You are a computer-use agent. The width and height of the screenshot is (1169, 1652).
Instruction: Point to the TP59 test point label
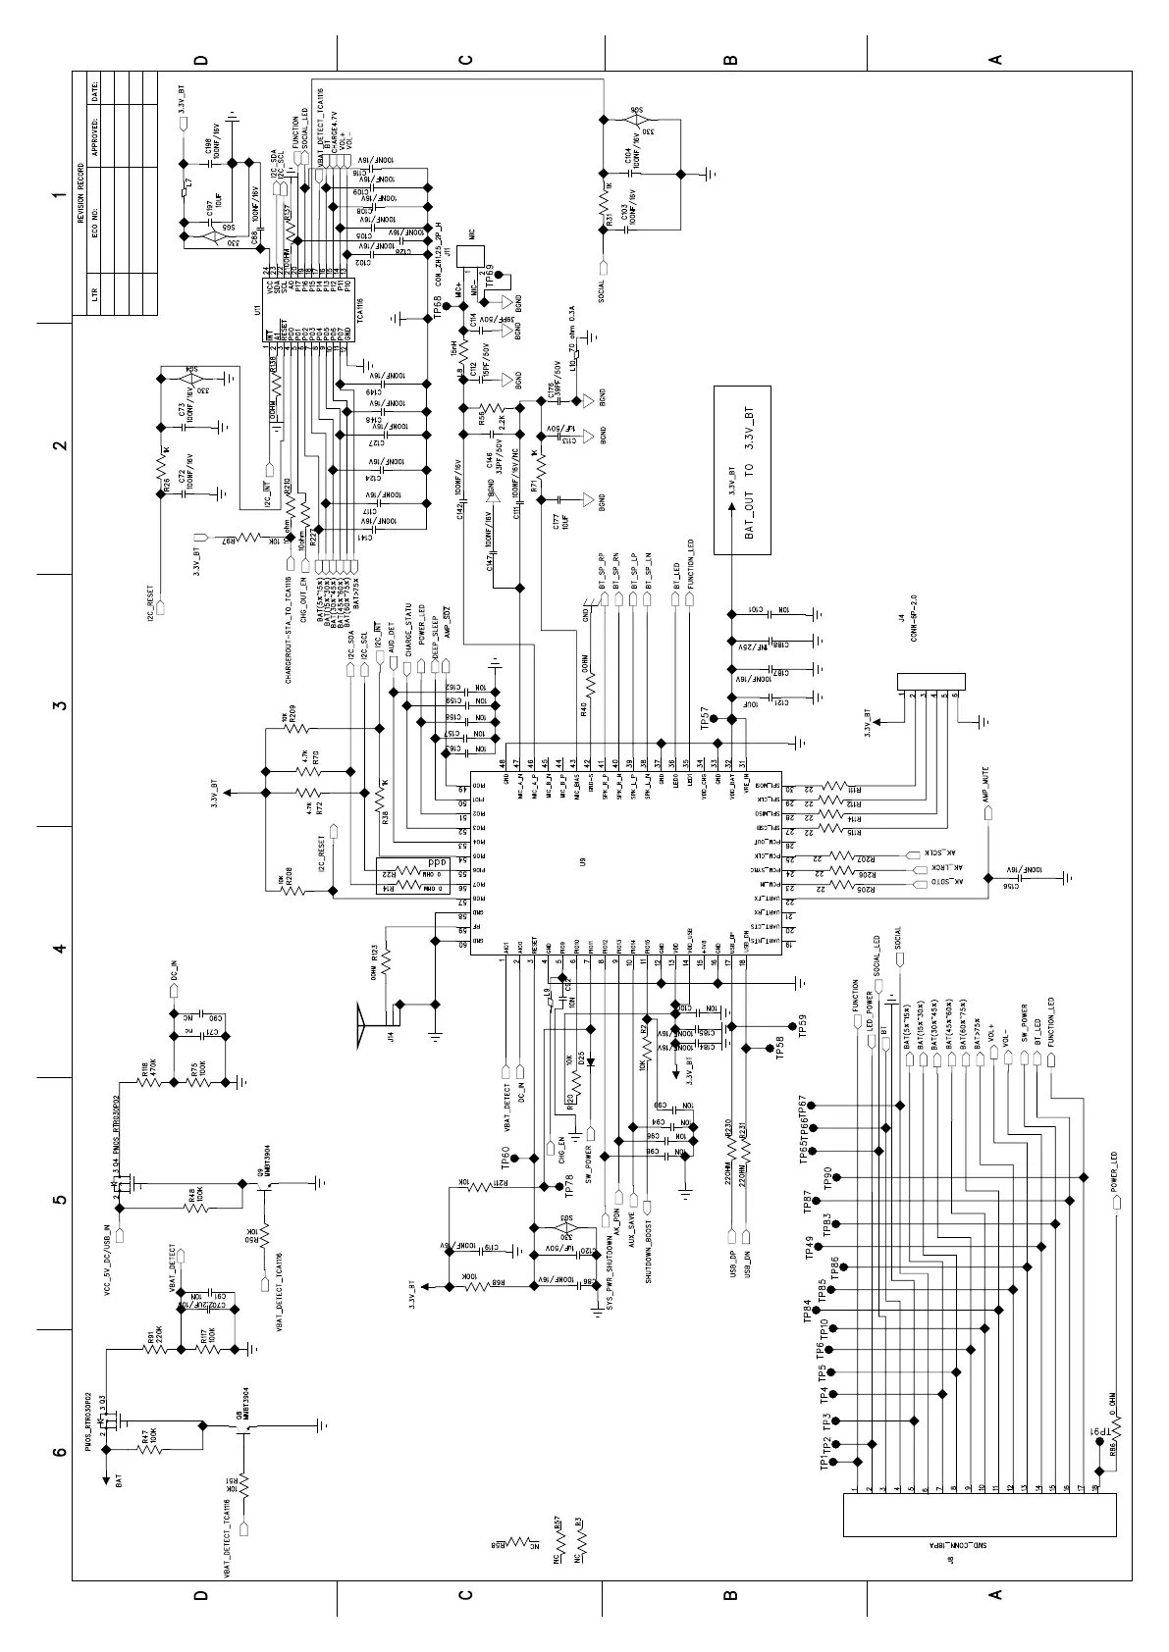pyautogui.click(x=801, y=1026)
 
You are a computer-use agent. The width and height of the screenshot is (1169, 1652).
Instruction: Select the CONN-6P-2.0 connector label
pyautogui.click(x=912, y=623)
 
